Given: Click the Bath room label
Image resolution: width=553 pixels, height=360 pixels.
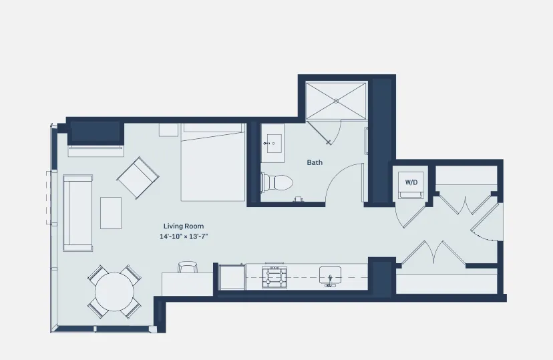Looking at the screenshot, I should click(315, 162).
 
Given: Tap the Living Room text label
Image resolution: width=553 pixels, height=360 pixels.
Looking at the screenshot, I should click(184, 226).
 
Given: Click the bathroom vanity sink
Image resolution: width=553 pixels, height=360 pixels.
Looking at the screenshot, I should click(272, 142).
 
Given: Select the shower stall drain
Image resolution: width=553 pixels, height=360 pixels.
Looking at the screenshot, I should click(336, 101).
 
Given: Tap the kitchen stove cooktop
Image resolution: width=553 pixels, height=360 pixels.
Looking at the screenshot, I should click(274, 277).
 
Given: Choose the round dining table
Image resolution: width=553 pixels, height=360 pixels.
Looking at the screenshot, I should click(114, 292).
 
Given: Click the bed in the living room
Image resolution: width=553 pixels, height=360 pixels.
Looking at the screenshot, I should click(213, 164).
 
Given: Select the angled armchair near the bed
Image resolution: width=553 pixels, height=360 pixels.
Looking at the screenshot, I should click(138, 178).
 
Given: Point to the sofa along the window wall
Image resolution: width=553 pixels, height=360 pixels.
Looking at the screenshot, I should click(77, 212).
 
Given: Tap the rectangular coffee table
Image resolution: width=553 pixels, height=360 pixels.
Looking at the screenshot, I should click(111, 213).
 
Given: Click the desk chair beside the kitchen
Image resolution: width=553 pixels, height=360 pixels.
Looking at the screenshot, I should click(188, 267).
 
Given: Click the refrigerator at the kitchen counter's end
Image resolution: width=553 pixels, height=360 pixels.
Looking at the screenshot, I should click(232, 277).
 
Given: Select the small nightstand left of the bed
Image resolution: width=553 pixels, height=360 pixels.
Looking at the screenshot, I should click(168, 130).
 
